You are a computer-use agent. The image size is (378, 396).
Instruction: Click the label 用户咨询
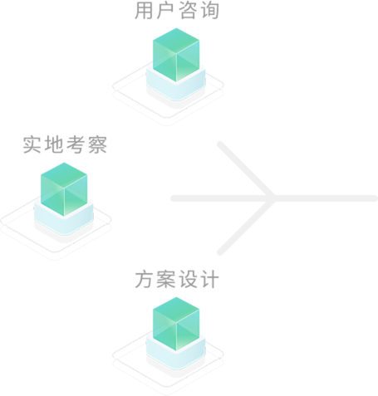point(177,11)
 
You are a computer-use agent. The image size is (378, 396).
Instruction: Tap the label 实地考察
point(65,144)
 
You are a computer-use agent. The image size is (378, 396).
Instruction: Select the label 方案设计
point(177,280)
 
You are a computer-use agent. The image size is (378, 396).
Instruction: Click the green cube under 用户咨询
point(176,55)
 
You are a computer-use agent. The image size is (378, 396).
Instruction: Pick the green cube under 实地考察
point(64,189)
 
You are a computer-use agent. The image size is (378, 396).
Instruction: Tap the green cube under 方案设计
point(176,324)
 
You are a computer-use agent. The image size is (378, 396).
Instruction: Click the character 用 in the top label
point(144,11)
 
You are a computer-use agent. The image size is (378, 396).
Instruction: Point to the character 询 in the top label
point(210,11)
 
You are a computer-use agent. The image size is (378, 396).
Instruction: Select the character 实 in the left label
point(32,144)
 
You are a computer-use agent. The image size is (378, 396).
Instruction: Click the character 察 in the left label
point(98,144)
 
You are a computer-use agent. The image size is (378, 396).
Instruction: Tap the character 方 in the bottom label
point(144,280)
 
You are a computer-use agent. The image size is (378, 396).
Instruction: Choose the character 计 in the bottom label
point(210,280)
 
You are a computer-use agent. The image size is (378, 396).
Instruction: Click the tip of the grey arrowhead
point(274,198)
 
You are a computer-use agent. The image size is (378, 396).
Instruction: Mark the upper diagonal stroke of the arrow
point(246,170)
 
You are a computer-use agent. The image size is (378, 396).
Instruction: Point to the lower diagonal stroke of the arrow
point(246,227)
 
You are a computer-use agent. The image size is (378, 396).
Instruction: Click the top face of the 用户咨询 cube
point(176,40)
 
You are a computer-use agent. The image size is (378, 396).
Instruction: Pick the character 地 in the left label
point(54,144)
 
